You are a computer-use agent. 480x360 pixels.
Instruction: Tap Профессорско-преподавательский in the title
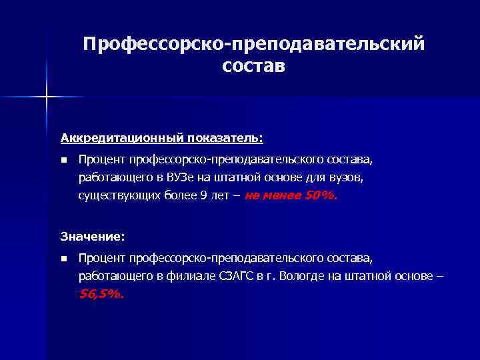tap(253, 43)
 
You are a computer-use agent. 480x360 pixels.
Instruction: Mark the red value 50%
tap(321, 197)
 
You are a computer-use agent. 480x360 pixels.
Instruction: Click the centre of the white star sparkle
tap(47, 97)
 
